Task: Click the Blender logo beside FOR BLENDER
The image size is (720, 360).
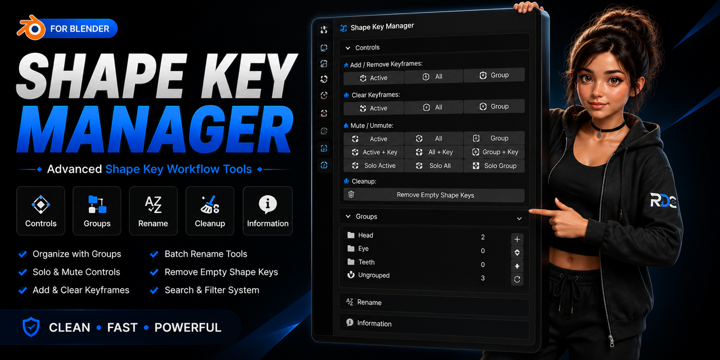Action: pyautogui.click(x=31, y=28)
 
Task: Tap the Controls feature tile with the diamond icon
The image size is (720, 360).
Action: pyautogui.click(x=41, y=211)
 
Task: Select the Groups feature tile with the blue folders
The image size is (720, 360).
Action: pyautogui.click(x=97, y=211)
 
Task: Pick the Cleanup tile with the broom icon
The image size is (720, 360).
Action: pyautogui.click(x=210, y=211)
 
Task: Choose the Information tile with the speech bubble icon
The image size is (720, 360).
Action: pyautogui.click(x=267, y=211)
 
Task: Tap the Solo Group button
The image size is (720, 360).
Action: pyautogui.click(x=494, y=166)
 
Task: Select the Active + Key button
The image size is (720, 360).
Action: pyautogui.click(x=374, y=152)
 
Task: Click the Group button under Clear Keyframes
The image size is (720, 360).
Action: pyautogui.click(x=494, y=106)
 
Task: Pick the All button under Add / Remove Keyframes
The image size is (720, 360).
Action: pyautogui.click(x=434, y=76)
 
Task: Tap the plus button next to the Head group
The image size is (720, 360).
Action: pyautogui.click(x=517, y=239)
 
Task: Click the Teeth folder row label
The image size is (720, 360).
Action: pyautogui.click(x=366, y=262)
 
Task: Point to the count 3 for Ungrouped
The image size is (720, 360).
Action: pyautogui.click(x=483, y=278)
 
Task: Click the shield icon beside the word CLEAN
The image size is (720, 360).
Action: pyautogui.click(x=31, y=327)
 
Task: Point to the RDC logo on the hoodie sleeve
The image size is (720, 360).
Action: pyautogui.click(x=663, y=201)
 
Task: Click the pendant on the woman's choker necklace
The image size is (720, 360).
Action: pyautogui.click(x=600, y=134)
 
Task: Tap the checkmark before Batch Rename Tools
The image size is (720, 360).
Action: pyautogui.click(x=154, y=254)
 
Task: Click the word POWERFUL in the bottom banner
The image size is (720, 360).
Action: pyautogui.click(x=188, y=327)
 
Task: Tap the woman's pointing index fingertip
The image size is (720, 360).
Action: pyautogui.click(x=531, y=211)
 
